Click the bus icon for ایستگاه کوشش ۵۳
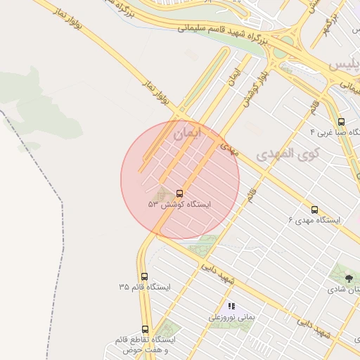pos(179,193)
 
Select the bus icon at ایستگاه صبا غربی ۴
pos(341,121)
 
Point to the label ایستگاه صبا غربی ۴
pos(335,132)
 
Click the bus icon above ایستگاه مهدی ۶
pos(314,209)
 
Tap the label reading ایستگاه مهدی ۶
pos(314,220)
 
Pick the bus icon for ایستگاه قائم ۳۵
pos(144,276)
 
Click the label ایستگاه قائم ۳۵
pos(145,288)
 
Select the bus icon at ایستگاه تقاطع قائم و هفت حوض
pos(146,328)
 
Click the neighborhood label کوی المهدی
pos(288,153)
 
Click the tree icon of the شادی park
pos(349,278)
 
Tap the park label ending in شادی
pos(344,290)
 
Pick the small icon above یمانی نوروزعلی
pos(231,306)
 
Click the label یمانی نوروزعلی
pos(231,317)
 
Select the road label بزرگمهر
pos(328,26)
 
